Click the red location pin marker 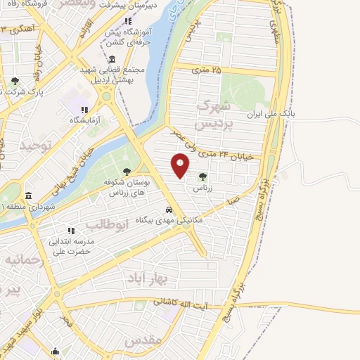[181, 165]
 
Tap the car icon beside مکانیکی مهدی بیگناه [169, 210]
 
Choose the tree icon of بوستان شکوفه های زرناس [127, 171]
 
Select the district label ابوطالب [108, 224]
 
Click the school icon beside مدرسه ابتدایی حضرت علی [70, 230]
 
